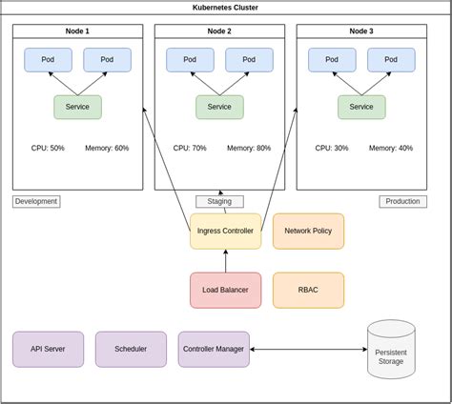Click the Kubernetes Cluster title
pos(226,7)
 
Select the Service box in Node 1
pos(77,107)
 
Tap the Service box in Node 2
pos(219,107)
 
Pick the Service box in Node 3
pos(361,107)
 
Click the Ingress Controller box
pos(225,232)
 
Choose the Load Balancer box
pos(225,290)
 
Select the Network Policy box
pos(308,232)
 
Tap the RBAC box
pos(308,290)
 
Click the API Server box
pos(48,349)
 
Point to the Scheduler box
pos(131,349)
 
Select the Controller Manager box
pos(214,349)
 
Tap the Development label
pos(36,201)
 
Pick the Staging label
pos(219,201)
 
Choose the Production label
pos(402,201)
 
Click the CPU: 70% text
pos(190,149)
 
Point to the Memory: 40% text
pos(391,149)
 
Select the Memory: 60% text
pos(107,149)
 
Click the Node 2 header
pos(219,31)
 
